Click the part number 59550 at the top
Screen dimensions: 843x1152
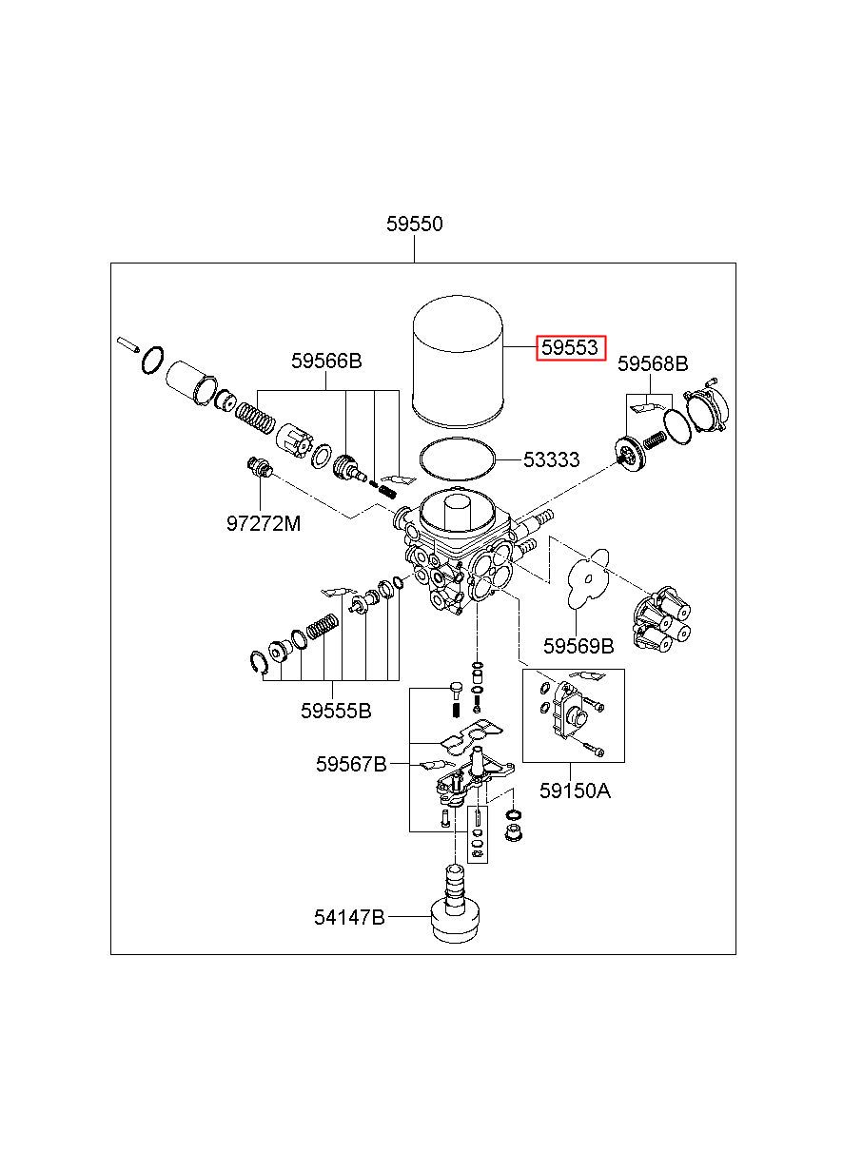(414, 225)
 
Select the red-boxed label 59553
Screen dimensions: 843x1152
(571, 348)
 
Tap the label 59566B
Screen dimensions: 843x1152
(326, 361)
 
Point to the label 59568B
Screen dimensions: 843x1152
(652, 364)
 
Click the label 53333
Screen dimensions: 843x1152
(551, 459)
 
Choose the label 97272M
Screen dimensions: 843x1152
(264, 524)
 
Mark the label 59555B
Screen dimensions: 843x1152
(336, 712)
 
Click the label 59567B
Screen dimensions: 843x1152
(351, 779)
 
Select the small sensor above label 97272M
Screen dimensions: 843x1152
(260, 467)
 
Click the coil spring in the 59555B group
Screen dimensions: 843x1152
(323, 627)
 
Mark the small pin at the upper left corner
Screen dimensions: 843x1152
(128, 343)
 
